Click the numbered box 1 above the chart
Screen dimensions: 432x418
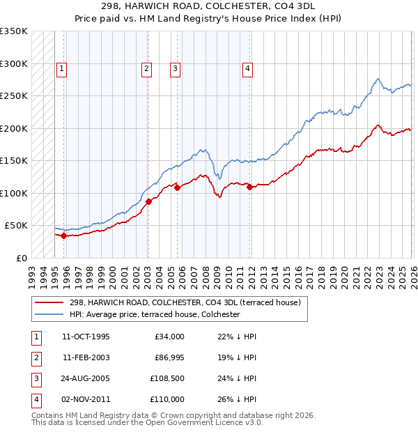click(62, 68)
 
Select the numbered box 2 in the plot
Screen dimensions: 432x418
click(147, 68)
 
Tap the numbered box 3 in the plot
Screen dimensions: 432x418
click(174, 68)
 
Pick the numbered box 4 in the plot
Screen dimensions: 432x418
click(247, 68)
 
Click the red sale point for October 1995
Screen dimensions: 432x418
click(63, 236)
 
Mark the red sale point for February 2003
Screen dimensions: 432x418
click(148, 201)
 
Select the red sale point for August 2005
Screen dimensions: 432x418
click(178, 187)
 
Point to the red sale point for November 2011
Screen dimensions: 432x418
click(249, 187)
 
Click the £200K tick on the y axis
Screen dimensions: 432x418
click(13, 128)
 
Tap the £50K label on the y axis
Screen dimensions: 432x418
click(16, 226)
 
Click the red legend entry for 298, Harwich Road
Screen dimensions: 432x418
click(185, 302)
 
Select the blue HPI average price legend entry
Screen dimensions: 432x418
click(155, 314)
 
